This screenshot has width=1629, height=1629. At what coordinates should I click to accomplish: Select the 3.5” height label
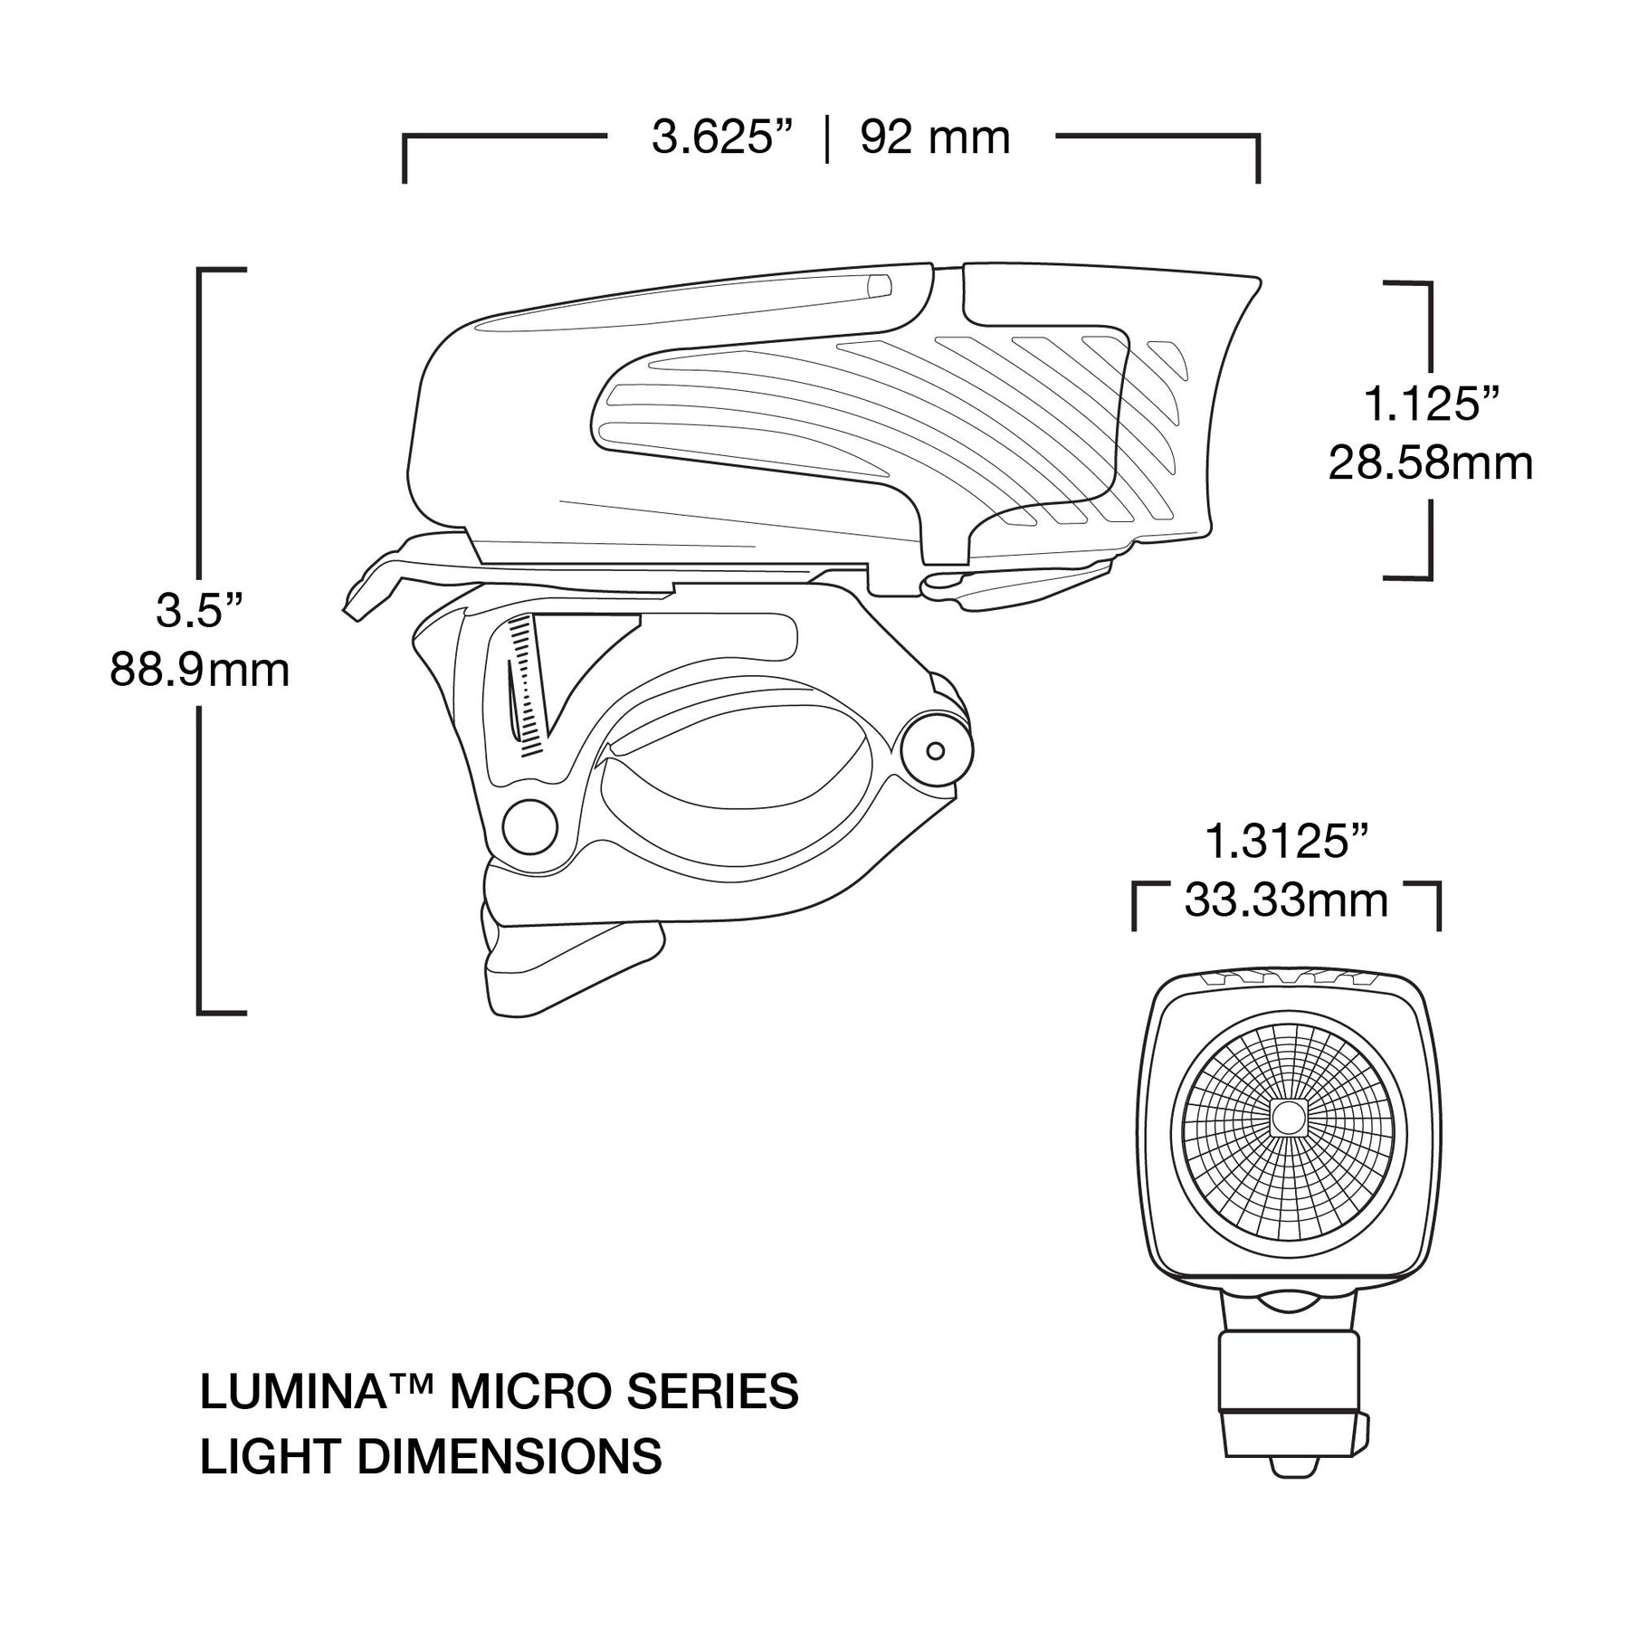pyautogui.click(x=200, y=612)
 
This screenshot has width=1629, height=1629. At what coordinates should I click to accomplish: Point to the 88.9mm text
pyautogui.click(x=200, y=672)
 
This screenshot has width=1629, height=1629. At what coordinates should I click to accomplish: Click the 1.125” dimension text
pyautogui.click(x=1431, y=405)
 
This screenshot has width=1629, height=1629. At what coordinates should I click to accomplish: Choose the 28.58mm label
pyautogui.click(x=1431, y=464)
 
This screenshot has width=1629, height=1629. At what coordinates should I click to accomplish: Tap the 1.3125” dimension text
pyautogui.click(x=1286, y=842)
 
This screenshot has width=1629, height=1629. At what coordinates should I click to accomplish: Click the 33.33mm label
pyautogui.click(x=1286, y=901)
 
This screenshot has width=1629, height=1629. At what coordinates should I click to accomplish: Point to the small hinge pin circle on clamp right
pyautogui.click(x=936, y=751)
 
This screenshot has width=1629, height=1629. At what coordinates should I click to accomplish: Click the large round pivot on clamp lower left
pyautogui.click(x=529, y=825)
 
